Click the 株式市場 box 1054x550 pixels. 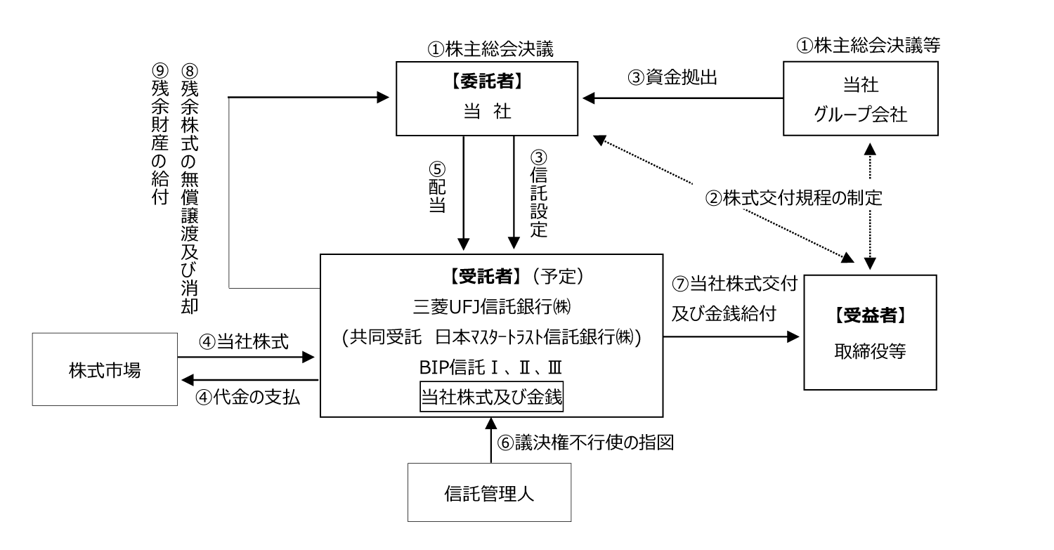click(105, 369)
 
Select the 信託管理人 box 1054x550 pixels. click(489, 492)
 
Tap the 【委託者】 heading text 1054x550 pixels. click(487, 81)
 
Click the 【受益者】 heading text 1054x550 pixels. click(870, 315)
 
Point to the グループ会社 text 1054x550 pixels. click(861, 114)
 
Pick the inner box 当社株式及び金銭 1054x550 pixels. click(491, 397)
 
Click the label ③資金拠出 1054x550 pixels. click(672, 77)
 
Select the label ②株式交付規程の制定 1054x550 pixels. click(793, 198)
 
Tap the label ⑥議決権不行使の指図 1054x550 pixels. click(586, 443)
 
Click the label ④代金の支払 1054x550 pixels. click(247, 398)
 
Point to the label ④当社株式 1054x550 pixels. click(244, 341)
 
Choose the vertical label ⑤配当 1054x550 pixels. click(437, 188)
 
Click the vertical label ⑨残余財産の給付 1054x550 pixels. click(160, 134)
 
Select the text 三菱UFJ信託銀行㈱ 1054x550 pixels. click(492, 307)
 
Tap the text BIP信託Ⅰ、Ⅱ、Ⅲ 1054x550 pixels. click(490, 367)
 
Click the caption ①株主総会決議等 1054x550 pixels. click(868, 45)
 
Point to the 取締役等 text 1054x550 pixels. click(870, 351)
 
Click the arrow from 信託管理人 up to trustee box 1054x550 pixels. click(490, 440)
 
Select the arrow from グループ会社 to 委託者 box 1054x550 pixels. click(683, 98)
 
